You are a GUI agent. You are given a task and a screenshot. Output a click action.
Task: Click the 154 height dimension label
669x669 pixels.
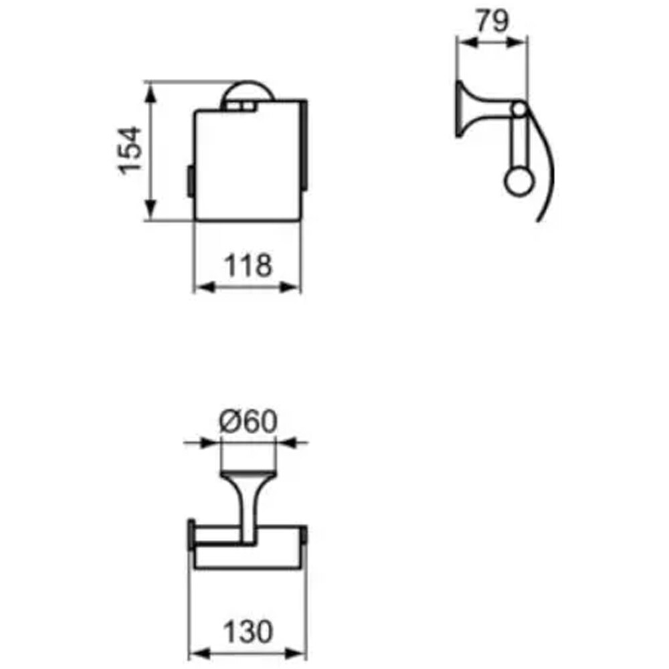(130, 150)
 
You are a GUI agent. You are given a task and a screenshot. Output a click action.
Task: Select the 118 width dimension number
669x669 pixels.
(248, 266)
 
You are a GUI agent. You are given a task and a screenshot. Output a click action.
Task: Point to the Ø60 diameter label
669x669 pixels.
(248, 421)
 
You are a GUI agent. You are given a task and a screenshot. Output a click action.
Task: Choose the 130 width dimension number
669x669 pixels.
(248, 632)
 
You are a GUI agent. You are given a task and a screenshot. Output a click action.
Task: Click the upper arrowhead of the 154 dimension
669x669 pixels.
(149, 93)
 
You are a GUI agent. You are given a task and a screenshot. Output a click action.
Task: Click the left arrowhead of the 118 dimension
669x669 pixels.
(205, 287)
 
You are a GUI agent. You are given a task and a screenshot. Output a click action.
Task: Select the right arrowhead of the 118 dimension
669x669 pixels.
(290, 287)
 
